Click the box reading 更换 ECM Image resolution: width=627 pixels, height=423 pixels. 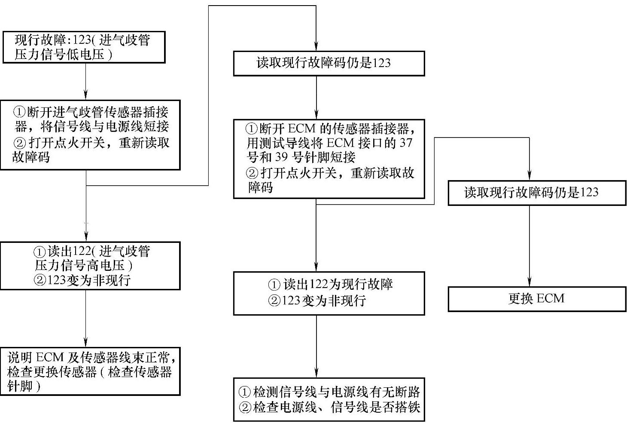coord(536,299)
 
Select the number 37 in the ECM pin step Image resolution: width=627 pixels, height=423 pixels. coord(405,143)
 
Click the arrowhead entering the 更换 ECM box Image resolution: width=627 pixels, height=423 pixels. coord(529,283)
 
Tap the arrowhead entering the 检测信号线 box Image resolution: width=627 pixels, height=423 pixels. coord(317,374)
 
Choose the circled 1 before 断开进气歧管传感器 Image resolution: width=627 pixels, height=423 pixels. coord(20,113)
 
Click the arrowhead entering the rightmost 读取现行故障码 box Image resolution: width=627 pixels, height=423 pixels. coord(529,176)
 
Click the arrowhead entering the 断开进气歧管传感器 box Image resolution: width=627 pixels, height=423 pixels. coord(86,96)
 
